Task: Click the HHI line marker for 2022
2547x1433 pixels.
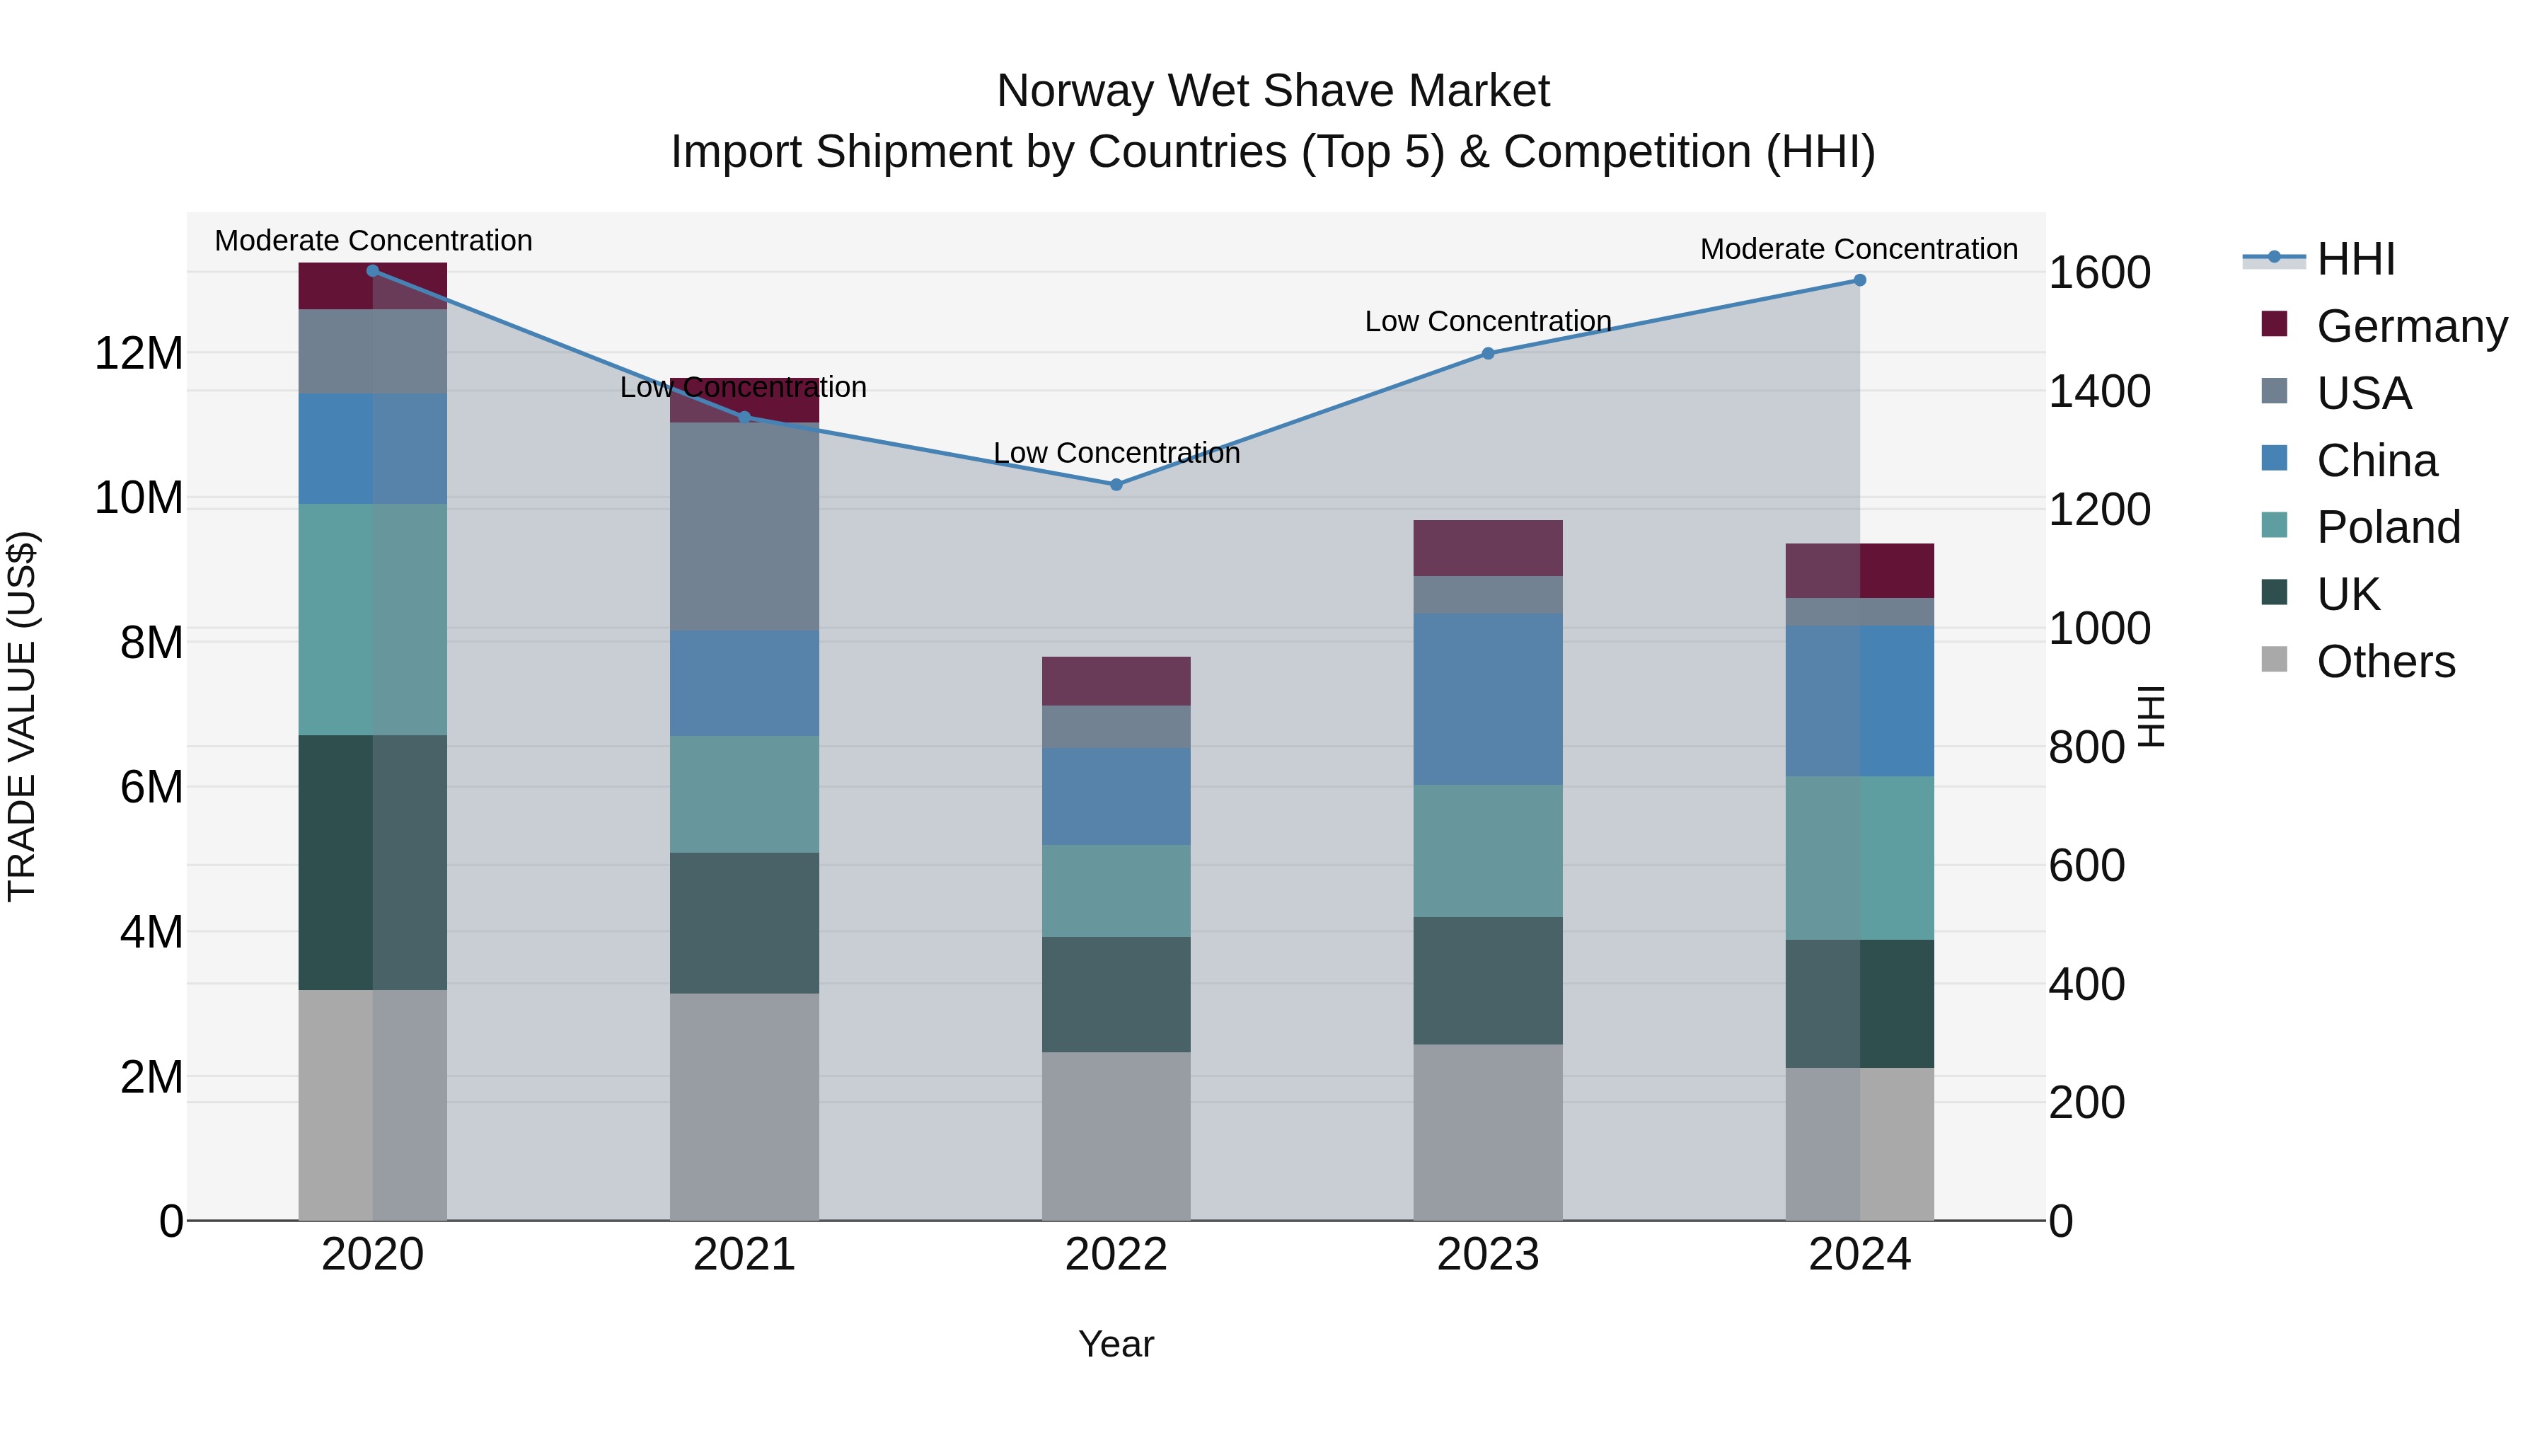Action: point(1116,485)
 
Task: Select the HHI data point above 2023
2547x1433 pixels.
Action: point(1488,353)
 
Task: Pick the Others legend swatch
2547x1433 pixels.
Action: point(2275,660)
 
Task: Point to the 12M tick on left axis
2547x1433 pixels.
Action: point(139,353)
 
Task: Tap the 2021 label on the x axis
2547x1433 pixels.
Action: point(744,1255)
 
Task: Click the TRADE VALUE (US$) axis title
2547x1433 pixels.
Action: point(23,716)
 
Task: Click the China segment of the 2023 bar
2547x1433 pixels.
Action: point(1488,698)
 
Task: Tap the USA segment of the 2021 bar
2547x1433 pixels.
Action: point(744,526)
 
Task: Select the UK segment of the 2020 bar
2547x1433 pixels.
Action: point(373,863)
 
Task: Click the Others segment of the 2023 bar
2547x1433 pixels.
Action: point(1488,1132)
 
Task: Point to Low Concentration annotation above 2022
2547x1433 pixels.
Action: point(1116,453)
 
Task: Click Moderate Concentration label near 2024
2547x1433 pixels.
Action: point(1859,249)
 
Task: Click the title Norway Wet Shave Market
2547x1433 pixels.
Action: point(1273,91)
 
